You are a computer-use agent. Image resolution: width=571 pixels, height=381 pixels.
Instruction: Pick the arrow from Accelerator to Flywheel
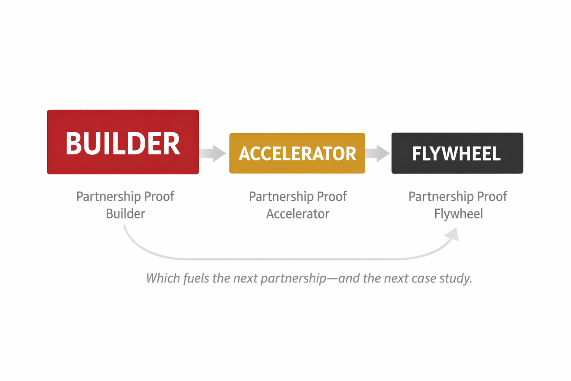378,153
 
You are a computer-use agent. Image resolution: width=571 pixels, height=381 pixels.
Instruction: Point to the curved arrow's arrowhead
454,235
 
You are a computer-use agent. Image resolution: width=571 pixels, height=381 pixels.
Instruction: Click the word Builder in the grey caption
125,214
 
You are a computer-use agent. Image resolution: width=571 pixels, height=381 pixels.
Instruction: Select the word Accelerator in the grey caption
298,214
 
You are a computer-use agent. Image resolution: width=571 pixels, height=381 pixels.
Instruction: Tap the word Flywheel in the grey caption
458,214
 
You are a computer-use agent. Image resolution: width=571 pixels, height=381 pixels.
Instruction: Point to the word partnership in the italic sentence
293,278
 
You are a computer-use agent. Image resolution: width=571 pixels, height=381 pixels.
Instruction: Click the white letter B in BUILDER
74,144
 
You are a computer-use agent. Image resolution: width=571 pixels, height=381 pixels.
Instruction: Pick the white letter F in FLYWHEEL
417,153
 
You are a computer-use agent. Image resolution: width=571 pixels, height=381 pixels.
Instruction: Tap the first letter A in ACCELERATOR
244,154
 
